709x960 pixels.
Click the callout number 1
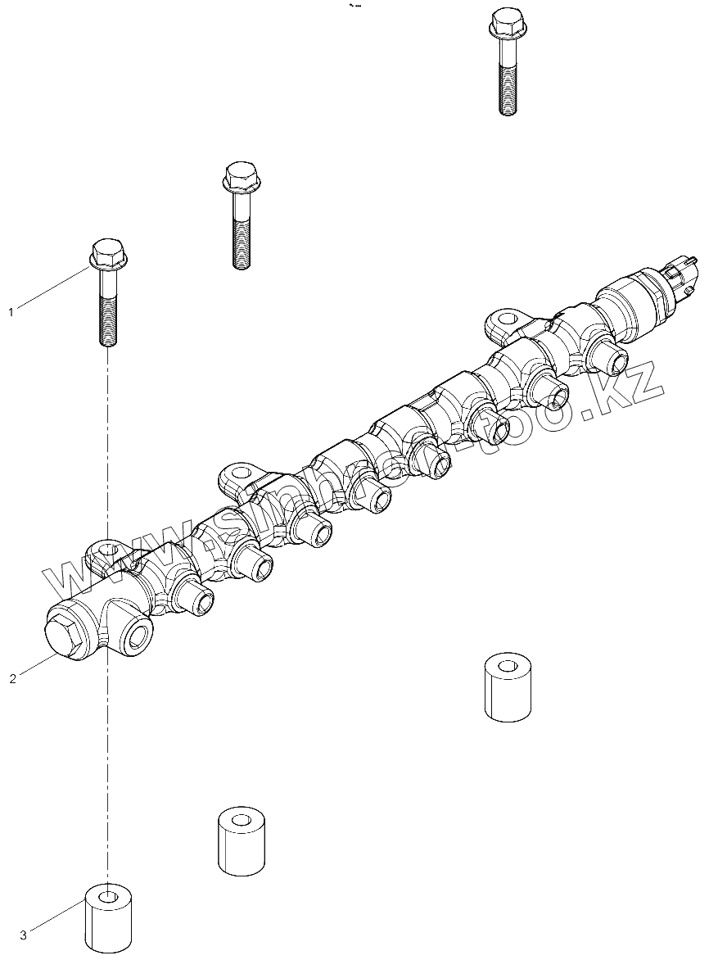tap(11, 312)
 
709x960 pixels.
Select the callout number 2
tap(12, 679)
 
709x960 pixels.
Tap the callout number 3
tap(23, 935)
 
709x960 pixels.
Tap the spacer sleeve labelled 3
tap(109, 917)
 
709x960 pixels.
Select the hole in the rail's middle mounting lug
tap(240, 472)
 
